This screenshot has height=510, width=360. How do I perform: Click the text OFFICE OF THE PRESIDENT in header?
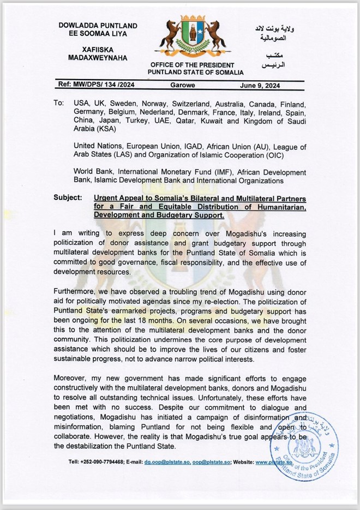pyautogui.click(x=197, y=65)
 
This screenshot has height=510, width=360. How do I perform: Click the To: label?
pyautogui.click(x=58, y=103)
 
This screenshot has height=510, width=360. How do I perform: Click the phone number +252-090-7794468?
pyautogui.click(x=104, y=462)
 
